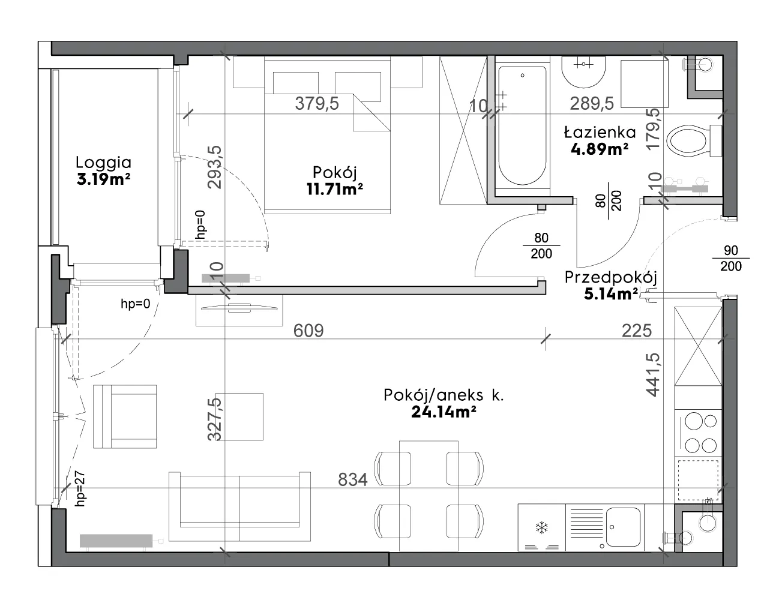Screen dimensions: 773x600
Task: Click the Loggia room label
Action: [x=103, y=163]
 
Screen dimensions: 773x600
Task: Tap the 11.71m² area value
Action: [x=335, y=189]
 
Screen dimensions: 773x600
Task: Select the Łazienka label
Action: [x=600, y=133]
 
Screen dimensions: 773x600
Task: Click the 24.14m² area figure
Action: [x=444, y=412]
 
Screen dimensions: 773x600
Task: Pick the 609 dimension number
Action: [x=308, y=331]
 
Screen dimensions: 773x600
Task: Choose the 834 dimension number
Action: [x=352, y=480]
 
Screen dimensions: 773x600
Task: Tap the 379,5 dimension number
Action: [x=317, y=104]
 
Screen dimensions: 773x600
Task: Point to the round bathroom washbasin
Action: [x=583, y=72]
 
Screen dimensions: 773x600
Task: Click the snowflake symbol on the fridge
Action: [x=541, y=527]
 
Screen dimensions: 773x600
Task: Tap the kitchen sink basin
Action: [x=623, y=526]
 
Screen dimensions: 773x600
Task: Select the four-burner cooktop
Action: [x=699, y=433]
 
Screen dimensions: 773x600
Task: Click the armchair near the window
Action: [x=124, y=416]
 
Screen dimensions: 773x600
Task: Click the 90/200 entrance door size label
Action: [x=730, y=258]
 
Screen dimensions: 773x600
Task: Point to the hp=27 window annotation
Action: [x=80, y=488]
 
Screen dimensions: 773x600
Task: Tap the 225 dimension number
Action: [x=637, y=331]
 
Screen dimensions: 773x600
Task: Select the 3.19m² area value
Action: [x=103, y=179]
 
